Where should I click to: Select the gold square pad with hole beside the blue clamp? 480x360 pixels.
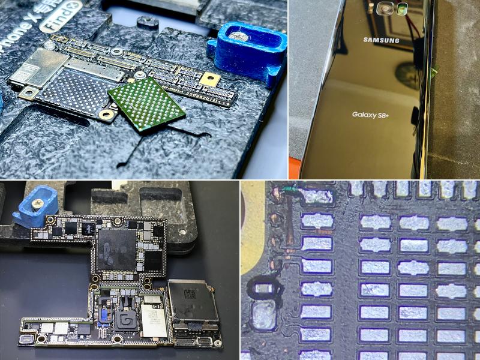coord(210,79)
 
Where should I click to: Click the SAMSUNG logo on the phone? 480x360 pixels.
coord(381,40)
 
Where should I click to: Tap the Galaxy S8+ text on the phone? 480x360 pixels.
coord(370,114)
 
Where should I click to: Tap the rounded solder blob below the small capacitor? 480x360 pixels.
coord(262,316)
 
